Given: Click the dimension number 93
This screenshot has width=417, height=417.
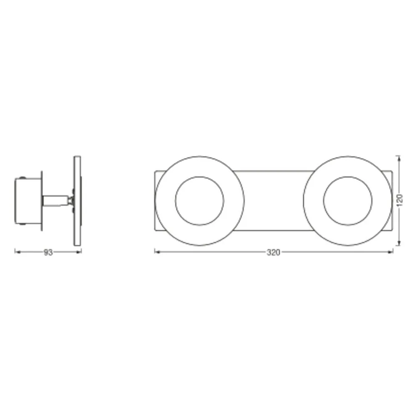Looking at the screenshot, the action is click(48, 252).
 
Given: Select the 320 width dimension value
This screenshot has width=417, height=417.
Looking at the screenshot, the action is click(274, 252).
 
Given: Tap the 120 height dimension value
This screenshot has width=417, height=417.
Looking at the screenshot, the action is click(400, 200).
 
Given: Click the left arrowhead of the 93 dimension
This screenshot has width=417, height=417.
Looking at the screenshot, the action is click(18, 252).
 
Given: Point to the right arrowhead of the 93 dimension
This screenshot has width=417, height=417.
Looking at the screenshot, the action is click(79, 252).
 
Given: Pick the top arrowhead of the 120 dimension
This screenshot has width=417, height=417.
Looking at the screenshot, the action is click(399, 159).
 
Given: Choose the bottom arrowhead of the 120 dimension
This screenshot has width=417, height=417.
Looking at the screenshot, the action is click(399, 243).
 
